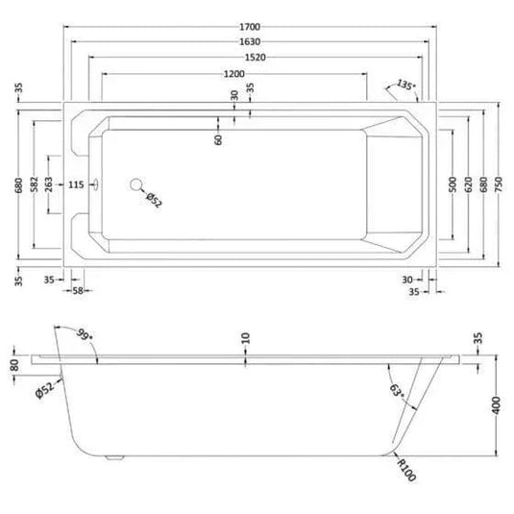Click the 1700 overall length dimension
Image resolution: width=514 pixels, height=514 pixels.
pyautogui.click(x=250, y=27)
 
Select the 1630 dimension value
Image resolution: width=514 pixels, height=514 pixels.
pyautogui.click(x=250, y=42)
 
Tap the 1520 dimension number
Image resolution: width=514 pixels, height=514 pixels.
pyautogui.click(x=256, y=58)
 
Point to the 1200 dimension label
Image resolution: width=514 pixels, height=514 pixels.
pyautogui.click(x=234, y=74)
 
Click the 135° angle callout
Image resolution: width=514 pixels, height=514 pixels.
pyautogui.click(x=405, y=85)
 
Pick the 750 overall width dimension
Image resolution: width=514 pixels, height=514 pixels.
pyautogui.click(x=499, y=184)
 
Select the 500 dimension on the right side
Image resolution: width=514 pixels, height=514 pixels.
pyautogui.click(x=453, y=184)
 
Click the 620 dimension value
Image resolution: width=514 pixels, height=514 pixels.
pyautogui.click(x=468, y=184)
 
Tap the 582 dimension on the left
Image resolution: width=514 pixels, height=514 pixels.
pyautogui.click(x=34, y=184)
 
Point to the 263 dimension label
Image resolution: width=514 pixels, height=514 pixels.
pyautogui.click(x=48, y=184)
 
